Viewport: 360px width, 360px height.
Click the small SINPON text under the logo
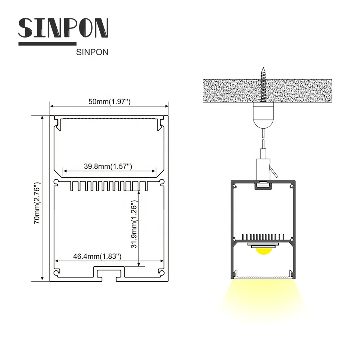92,52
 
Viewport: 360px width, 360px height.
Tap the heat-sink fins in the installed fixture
264,237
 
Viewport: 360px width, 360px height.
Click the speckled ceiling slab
225,90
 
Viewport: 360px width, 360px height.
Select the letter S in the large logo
27,28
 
